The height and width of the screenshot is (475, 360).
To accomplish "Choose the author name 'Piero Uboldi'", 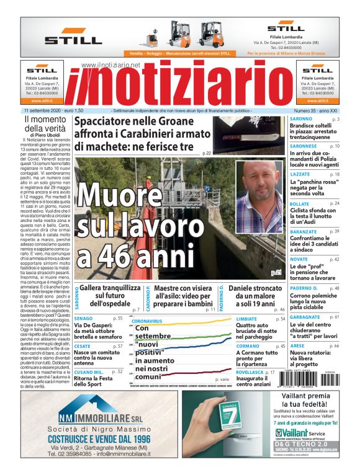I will [43, 135].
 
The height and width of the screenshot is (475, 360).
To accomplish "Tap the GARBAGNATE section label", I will [305, 317].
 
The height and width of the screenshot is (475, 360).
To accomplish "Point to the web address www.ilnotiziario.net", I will [110, 65].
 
